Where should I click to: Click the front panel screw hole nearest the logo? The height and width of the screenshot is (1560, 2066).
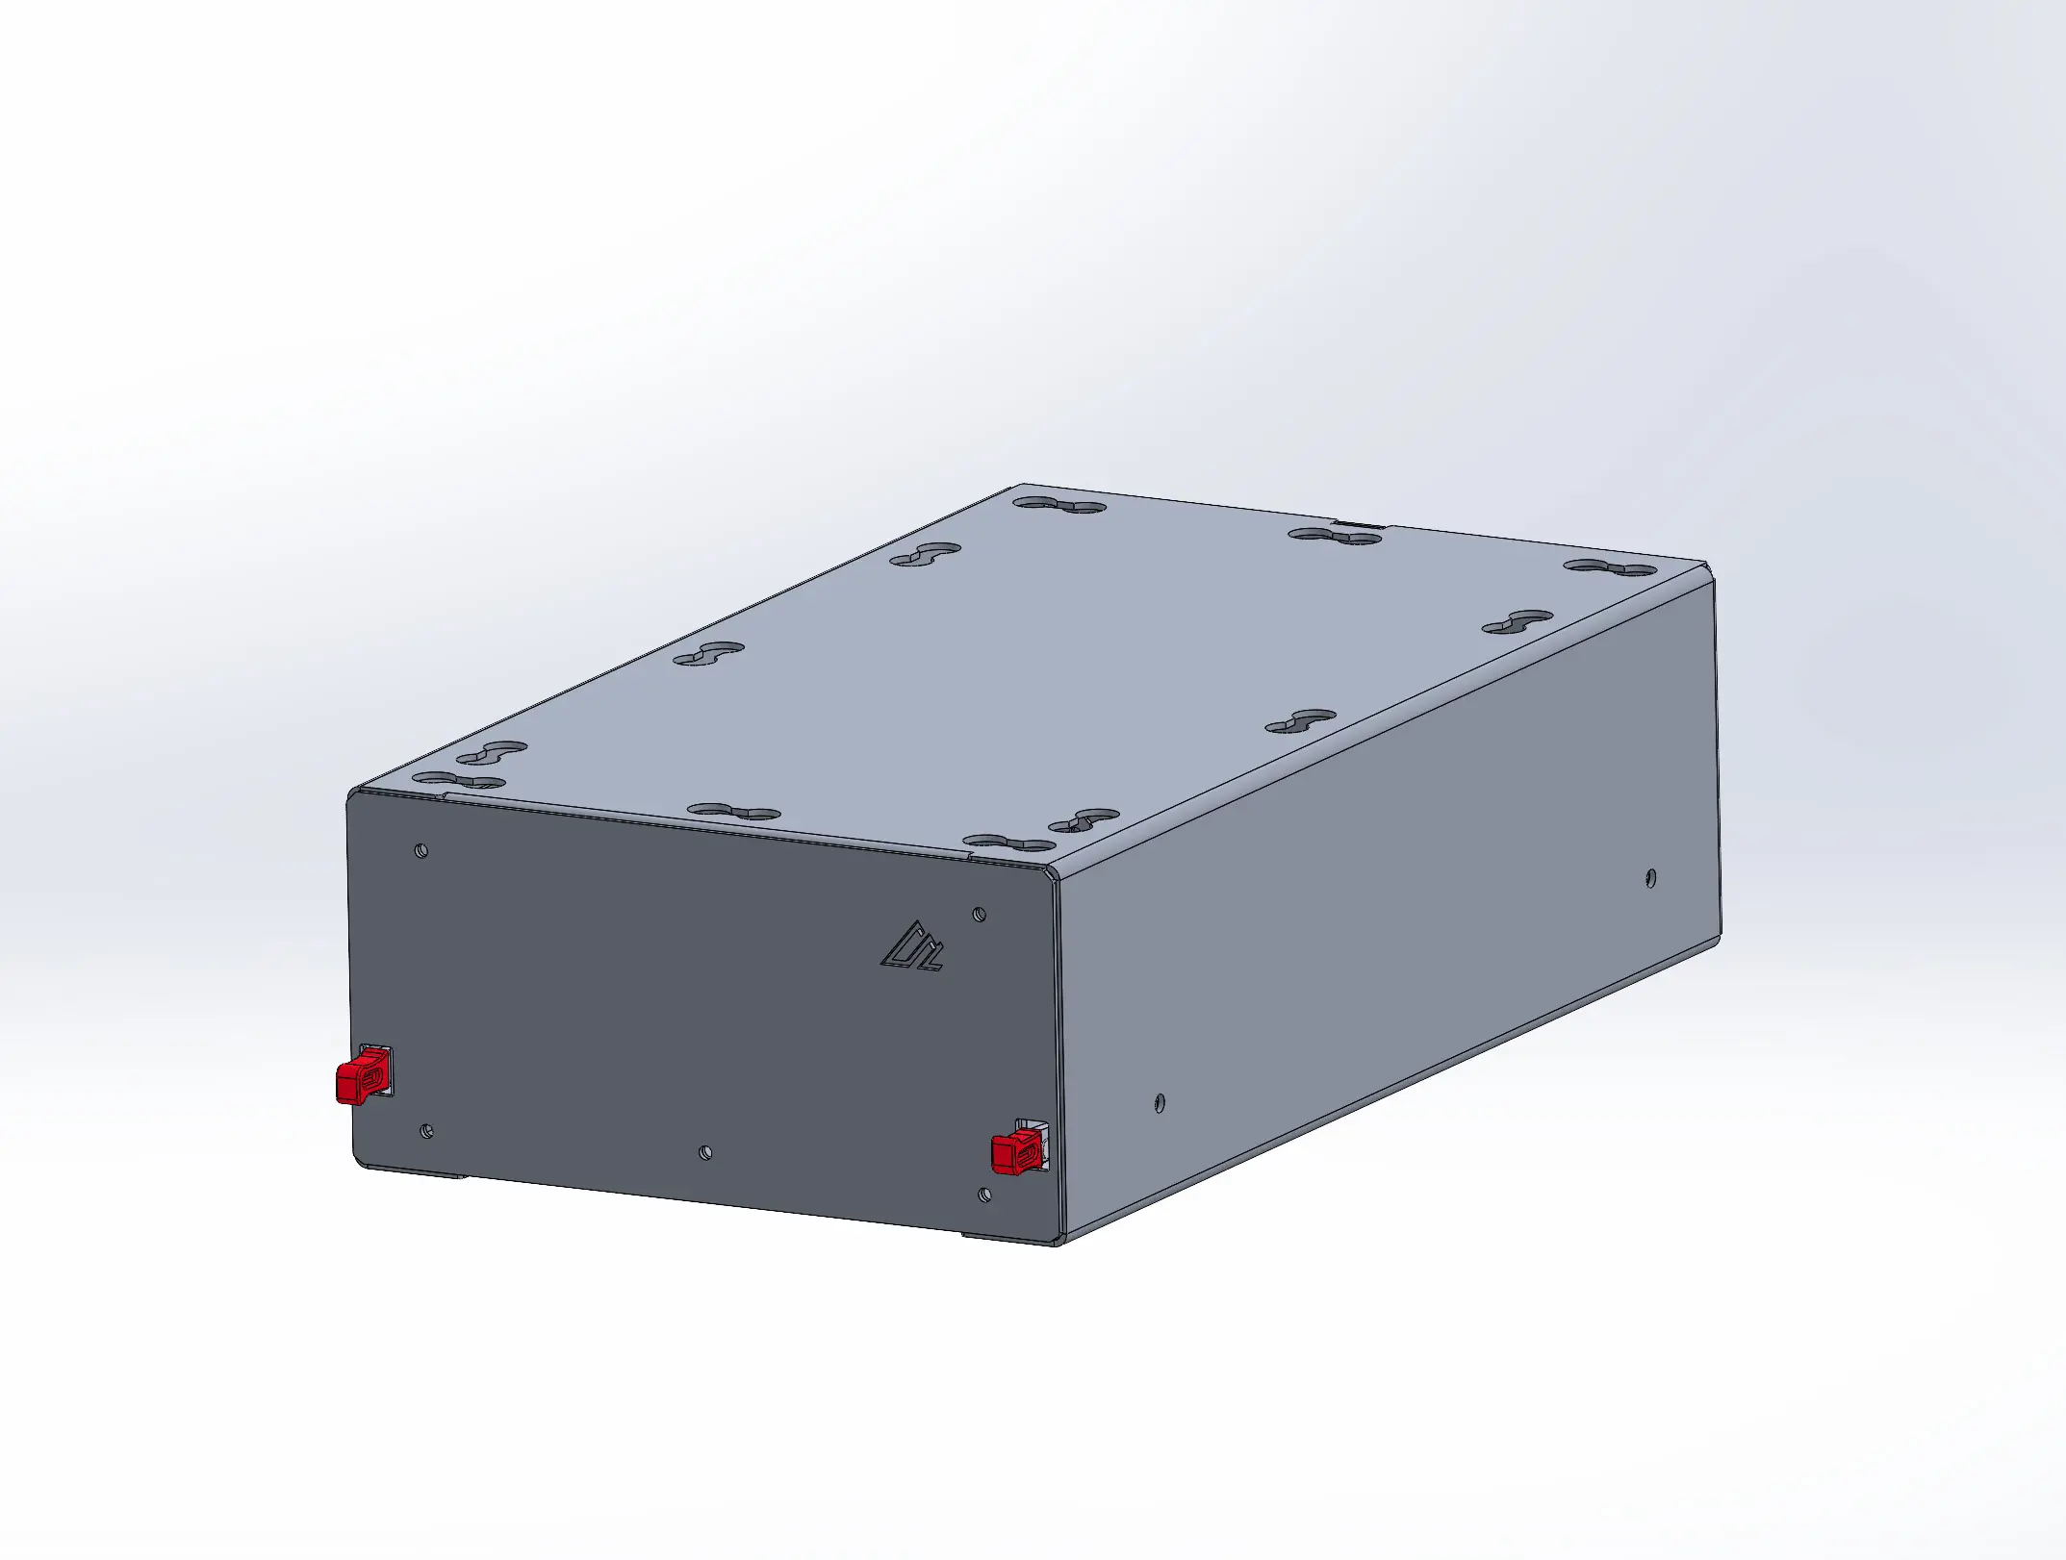(980, 914)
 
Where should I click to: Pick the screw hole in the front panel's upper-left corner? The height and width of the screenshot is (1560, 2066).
(421, 850)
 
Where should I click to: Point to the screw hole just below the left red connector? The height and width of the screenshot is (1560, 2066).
(427, 1131)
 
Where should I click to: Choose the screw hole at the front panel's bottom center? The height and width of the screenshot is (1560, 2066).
(705, 1151)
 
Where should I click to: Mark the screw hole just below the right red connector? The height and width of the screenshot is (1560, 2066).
(983, 1195)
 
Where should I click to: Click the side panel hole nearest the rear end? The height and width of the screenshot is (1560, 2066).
(1651, 877)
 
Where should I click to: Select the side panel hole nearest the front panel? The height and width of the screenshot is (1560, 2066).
(1160, 1102)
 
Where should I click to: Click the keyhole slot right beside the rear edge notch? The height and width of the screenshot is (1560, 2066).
(1336, 536)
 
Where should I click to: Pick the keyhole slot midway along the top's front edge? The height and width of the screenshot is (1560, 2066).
(734, 812)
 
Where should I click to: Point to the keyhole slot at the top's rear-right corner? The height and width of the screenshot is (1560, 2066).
(1610, 567)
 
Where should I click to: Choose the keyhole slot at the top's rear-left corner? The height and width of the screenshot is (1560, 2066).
(1059, 504)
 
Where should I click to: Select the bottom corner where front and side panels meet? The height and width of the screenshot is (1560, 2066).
(1059, 1241)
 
